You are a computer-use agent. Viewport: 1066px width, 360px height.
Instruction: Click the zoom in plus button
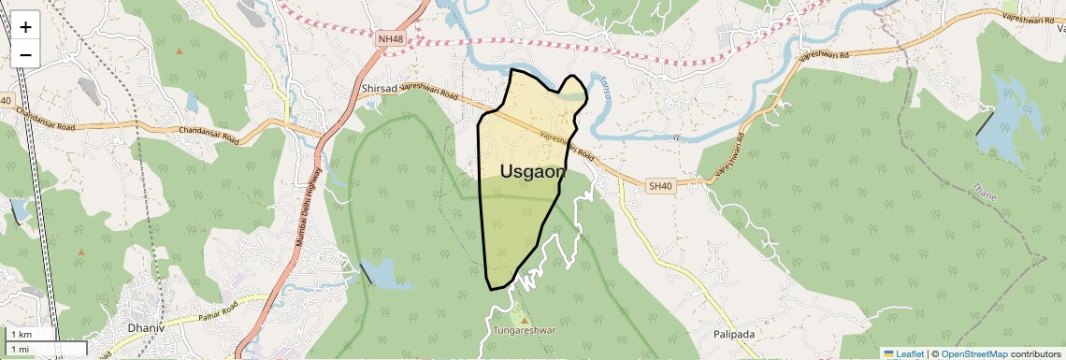(x=25, y=26)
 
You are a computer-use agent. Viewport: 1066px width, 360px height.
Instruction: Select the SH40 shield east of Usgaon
(x=660, y=186)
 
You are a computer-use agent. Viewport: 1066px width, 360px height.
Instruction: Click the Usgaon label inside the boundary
(x=532, y=171)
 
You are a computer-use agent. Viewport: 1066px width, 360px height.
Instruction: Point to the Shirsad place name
(x=379, y=91)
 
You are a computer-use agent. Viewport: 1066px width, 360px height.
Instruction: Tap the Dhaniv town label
(x=147, y=329)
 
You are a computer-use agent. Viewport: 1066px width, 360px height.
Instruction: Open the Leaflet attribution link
(x=910, y=353)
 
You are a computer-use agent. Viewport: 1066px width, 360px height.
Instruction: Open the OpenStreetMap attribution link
(x=973, y=353)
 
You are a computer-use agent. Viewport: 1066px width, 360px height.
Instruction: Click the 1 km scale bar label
(x=22, y=334)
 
